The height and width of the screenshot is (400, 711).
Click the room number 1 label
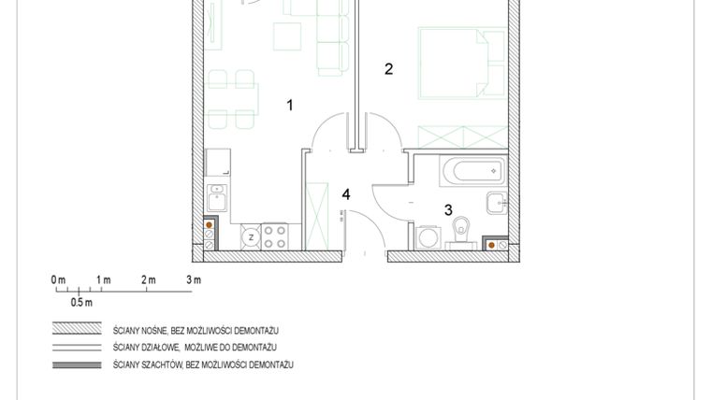(x=290, y=106)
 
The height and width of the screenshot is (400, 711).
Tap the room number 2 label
(x=388, y=68)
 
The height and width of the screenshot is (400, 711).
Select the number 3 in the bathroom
(x=448, y=211)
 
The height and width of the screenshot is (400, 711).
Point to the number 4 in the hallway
(x=346, y=194)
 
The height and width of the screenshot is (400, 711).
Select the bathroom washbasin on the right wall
(x=496, y=203)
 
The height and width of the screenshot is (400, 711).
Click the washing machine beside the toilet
(x=428, y=236)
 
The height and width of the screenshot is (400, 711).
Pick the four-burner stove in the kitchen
(x=274, y=236)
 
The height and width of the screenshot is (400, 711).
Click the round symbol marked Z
(x=251, y=237)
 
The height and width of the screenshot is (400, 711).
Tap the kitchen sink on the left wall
(x=217, y=198)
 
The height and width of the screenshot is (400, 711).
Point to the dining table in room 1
(x=231, y=97)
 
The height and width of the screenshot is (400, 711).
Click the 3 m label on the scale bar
(x=194, y=280)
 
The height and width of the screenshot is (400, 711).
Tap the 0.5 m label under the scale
(x=81, y=303)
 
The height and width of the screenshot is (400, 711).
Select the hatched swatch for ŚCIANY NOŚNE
(x=77, y=330)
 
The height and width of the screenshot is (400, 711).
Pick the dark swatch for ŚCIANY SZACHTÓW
(x=77, y=364)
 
